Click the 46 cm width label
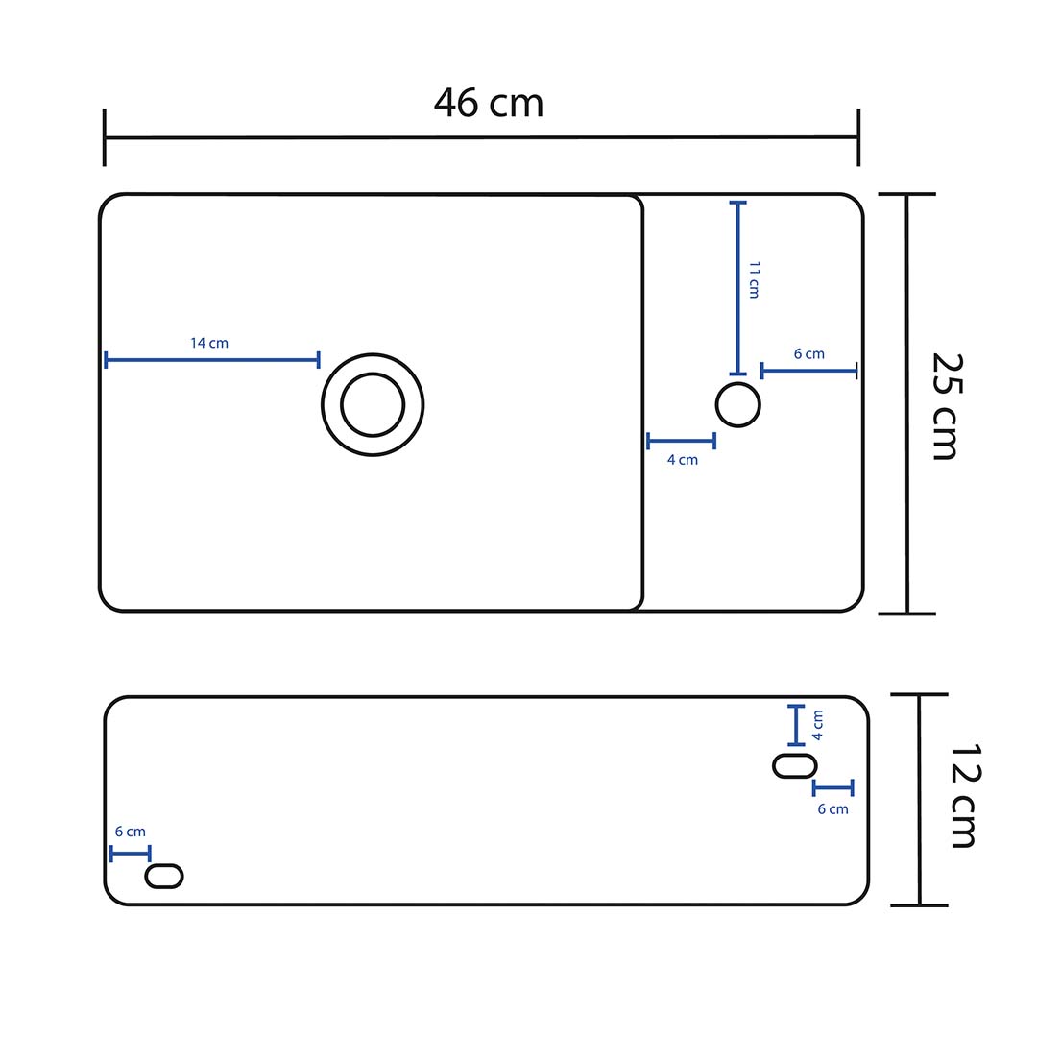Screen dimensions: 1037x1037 point(489,103)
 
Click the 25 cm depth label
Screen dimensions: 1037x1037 point(946,405)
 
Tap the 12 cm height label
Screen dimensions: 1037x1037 point(963,796)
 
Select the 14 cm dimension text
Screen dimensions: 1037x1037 point(209,343)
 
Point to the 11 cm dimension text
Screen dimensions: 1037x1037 point(754,279)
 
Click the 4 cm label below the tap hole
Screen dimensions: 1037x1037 point(683,460)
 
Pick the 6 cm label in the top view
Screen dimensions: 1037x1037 point(808,353)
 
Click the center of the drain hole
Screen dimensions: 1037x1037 point(373,404)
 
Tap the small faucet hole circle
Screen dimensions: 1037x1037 point(737,404)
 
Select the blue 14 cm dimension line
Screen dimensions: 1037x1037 point(211,360)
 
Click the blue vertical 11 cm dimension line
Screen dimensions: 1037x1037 point(737,288)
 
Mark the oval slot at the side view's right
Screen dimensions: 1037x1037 point(795,765)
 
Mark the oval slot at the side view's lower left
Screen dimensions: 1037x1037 point(164,876)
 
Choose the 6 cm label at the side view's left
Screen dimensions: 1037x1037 point(130,832)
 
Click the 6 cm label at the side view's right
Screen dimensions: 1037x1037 point(832,808)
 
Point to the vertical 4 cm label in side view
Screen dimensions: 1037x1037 point(817,724)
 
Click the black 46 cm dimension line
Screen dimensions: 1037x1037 point(480,137)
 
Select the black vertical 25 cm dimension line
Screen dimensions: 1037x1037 point(907,403)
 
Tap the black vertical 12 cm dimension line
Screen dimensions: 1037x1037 point(920,799)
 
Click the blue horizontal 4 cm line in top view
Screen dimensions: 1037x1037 point(681,442)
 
